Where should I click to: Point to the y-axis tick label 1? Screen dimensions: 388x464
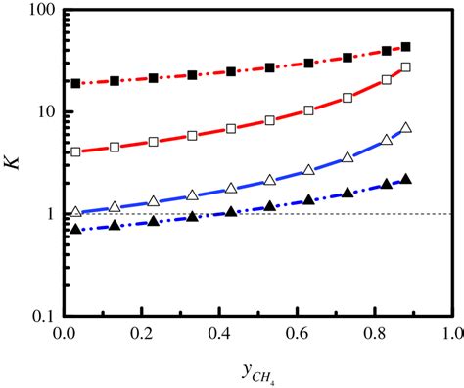[x=47, y=214]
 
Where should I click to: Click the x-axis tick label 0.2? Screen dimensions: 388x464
[x=143, y=334]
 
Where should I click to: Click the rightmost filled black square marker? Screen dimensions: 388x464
[x=406, y=47]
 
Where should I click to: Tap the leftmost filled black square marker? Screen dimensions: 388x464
[x=76, y=84]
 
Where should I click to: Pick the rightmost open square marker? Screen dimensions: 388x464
[x=406, y=67]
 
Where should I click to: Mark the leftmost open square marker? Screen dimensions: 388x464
[x=76, y=152]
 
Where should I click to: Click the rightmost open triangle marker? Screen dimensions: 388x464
[x=406, y=128]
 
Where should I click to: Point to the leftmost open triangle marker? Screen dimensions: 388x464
[x=76, y=212]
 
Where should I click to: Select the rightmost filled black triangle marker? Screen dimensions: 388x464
[x=406, y=180]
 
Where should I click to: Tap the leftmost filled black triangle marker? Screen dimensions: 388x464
[x=76, y=229]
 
